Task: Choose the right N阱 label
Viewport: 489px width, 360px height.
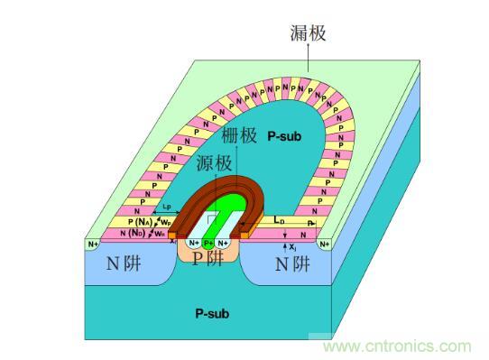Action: click(291, 264)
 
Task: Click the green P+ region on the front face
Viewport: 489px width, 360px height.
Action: click(208, 243)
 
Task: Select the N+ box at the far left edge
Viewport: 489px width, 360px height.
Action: click(92, 244)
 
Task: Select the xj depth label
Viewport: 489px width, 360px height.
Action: click(291, 245)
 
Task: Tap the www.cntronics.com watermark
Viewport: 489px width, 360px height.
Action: click(398, 346)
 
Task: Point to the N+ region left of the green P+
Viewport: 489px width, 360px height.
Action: click(193, 243)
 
